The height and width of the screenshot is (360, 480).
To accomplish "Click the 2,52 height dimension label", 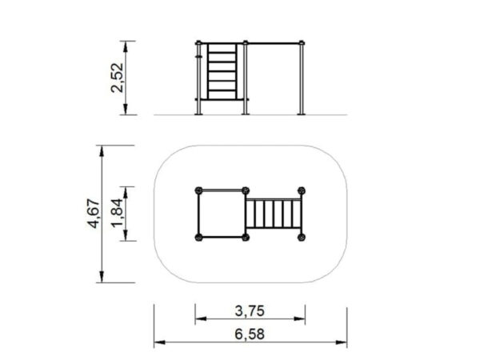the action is [117, 78].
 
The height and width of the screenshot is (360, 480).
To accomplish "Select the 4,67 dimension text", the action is [94, 214].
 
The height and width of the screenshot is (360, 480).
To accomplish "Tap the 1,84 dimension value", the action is [118, 214].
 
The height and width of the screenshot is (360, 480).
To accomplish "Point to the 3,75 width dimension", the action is [250, 311].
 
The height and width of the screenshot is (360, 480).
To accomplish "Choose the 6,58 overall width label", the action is [250, 334].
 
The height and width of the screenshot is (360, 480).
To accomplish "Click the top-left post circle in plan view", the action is [198, 190].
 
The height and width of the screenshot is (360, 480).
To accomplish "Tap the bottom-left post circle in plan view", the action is [198, 238].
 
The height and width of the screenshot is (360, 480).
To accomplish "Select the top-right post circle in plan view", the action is [302, 190].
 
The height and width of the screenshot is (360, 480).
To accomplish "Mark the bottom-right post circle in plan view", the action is [302, 238].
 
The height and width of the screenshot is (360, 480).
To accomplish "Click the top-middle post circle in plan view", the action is [246, 190].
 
